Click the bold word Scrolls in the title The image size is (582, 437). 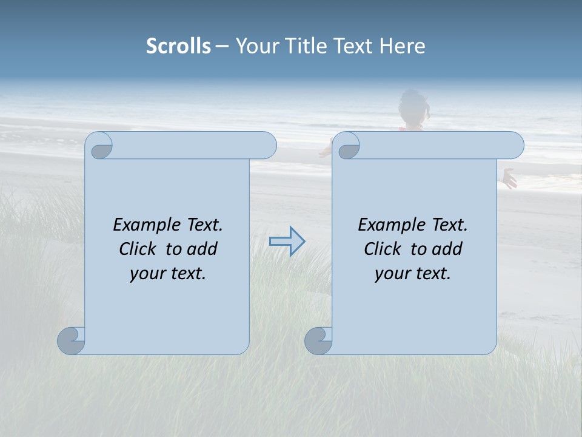178,46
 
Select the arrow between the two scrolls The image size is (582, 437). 287,242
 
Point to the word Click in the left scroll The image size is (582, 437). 138,249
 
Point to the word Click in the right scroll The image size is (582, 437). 383,249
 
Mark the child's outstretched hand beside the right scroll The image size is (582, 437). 509,178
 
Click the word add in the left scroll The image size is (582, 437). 204,249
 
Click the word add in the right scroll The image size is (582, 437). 449,249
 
